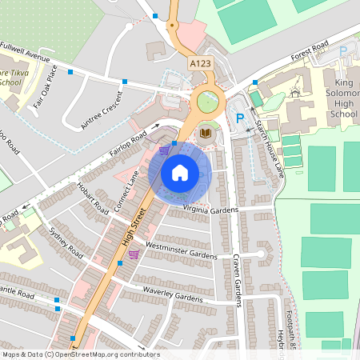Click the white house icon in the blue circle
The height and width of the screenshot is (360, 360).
click(180, 172)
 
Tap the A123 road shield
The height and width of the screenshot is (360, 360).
click(201, 62)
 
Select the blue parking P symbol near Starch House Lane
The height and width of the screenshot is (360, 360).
click(238, 118)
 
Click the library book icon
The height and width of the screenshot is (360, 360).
click(206, 133)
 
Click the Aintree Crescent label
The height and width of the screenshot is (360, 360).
click(102, 110)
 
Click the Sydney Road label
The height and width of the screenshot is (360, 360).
click(65, 242)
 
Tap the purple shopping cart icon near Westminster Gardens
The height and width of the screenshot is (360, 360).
click(134, 254)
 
